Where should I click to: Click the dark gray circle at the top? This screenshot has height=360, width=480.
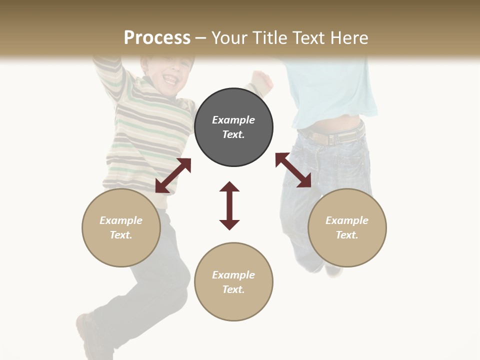pos(233,127)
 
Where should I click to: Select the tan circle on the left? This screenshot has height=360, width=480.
pos(121,227)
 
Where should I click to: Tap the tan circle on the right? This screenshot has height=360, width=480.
pos(347,227)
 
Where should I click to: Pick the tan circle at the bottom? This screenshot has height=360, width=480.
pos(233,282)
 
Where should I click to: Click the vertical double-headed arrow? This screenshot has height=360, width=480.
pos(229,205)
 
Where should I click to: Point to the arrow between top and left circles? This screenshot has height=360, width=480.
pos(173,175)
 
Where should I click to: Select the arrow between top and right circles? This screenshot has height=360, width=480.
pos(293,170)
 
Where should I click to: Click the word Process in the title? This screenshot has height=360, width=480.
pos(157,37)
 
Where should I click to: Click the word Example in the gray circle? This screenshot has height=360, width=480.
pos(233,120)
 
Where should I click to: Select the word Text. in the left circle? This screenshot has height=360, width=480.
pos(121,235)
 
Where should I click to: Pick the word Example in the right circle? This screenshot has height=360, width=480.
pos(347,220)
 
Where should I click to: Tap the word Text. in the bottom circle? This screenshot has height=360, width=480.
pos(233,289)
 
